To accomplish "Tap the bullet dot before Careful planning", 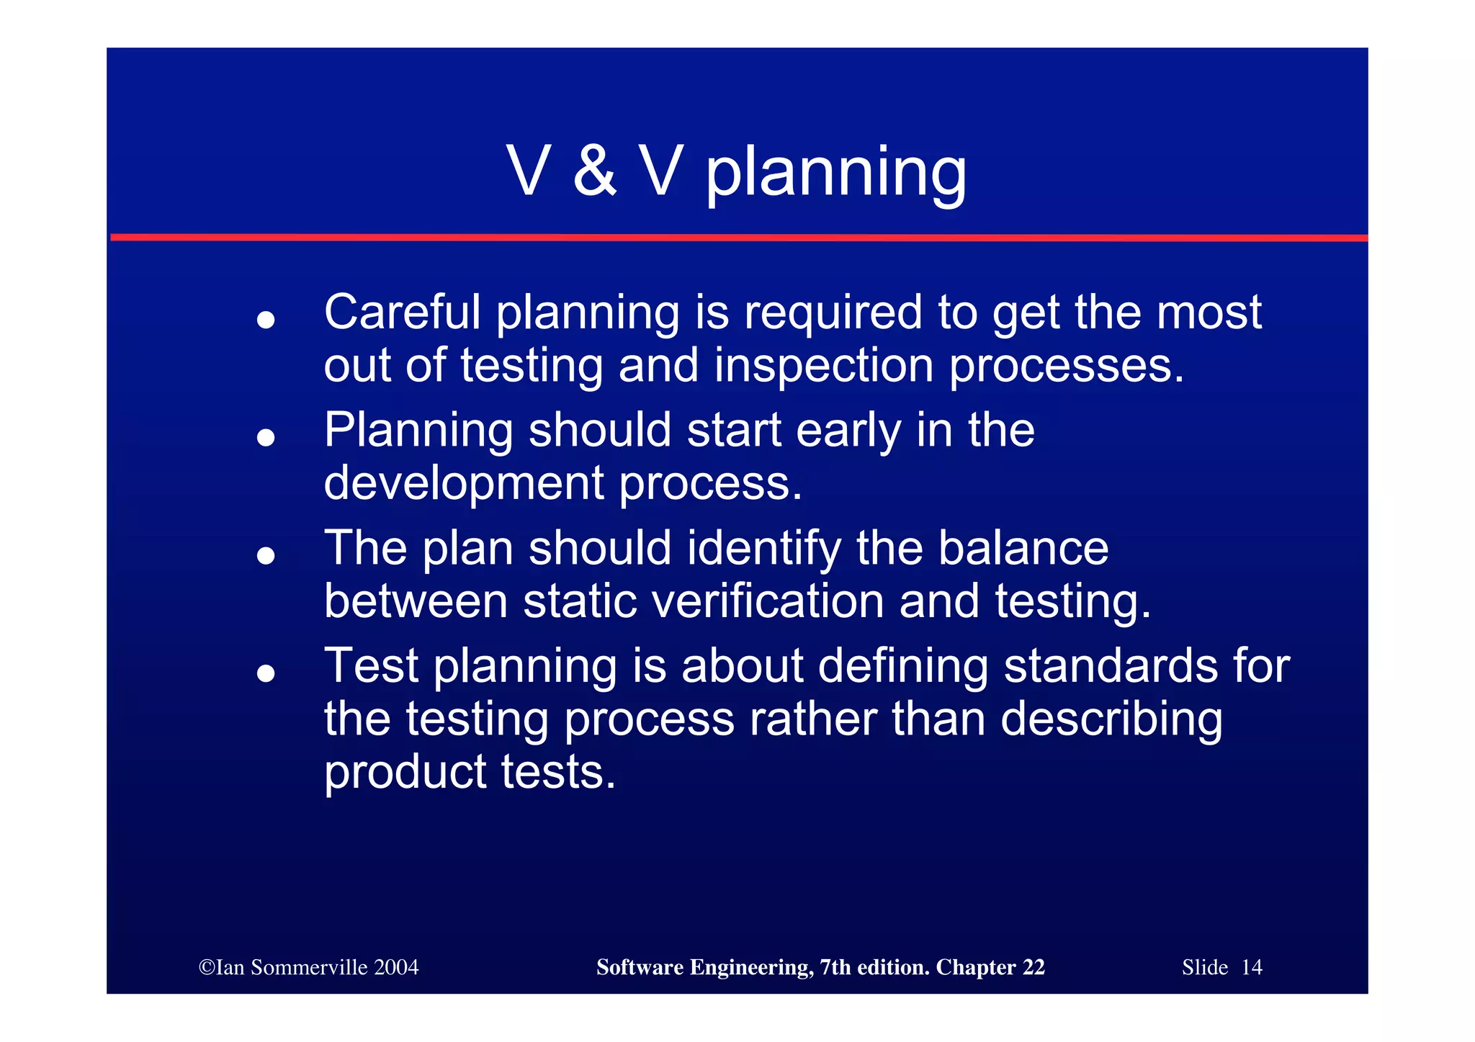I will pyautogui.click(x=266, y=320).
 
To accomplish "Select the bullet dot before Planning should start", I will pyautogui.click(x=266, y=437).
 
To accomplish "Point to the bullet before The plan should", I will pyautogui.click(x=266, y=555).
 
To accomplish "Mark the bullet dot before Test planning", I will pyautogui.click(x=266, y=673).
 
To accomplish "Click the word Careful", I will pyautogui.click(x=402, y=313).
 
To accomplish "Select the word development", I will pyautogui.click(x=463, y=483).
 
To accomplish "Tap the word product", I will pyautogui.click(x=405, y=773).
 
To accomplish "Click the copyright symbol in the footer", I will pyautogui.click(x=207, y=967).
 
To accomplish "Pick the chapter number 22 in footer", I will pyautogui.click(x=1034, y=967).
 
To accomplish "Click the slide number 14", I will pyautogui.click(x=1252, y=967).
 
